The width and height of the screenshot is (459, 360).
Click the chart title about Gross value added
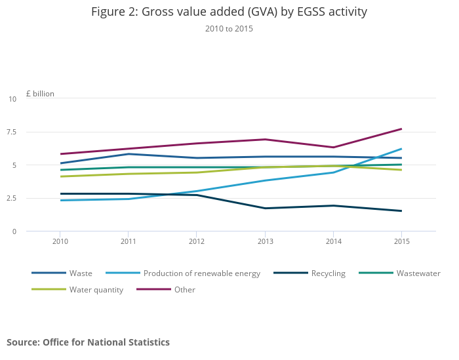(229, 12)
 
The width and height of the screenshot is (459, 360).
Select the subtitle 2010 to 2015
(229, 29)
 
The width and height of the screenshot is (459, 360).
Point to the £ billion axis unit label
(40, 94)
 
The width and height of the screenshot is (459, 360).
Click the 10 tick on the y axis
(12, 99)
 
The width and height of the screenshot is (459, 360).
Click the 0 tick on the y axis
(14, 231)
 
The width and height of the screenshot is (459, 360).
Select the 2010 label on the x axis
(60, 241)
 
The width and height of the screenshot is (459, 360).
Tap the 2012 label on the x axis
(197, 241)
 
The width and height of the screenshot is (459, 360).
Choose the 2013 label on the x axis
(265, 241)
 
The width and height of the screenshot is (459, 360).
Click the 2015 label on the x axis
(402, 241)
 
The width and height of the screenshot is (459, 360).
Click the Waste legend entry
(81, 273)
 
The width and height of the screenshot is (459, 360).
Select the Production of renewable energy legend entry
(202, 273)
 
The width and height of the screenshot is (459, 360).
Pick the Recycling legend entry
(328, 273)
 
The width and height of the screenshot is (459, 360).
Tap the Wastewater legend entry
(418, 273)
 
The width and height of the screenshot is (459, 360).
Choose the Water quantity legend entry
(96, 290)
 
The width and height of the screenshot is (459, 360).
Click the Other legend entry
(184, 290)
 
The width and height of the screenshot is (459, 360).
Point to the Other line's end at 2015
(402, 129)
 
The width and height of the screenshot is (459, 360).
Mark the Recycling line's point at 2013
(265, 209)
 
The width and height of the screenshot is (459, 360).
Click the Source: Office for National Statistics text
(88, 342)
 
